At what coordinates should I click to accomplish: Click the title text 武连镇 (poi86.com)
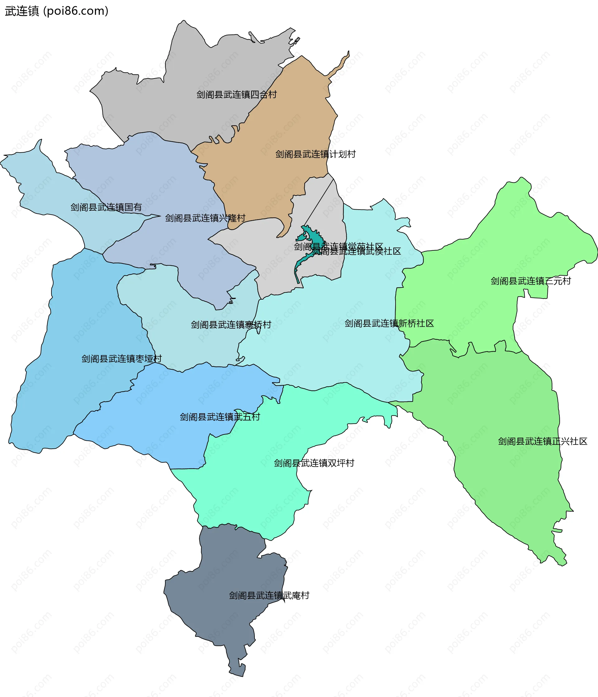point(56,11)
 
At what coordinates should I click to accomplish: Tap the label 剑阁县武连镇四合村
point(236,95)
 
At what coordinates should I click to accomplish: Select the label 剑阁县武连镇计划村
point(315,154)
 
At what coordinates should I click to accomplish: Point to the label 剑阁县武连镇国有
point(106,207)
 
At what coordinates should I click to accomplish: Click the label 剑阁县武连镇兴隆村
point(205,218)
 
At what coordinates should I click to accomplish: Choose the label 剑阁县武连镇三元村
point(530,281)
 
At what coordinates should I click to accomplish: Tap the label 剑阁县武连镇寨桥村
point(231,325)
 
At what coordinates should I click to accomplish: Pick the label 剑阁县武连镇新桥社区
point(389,323)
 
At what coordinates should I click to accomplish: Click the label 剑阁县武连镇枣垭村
point(121,358)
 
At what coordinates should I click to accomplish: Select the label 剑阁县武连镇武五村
point(220,417)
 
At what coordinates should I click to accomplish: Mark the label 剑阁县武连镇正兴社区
point(542,441)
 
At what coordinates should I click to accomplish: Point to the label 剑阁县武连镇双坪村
point(314,463)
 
